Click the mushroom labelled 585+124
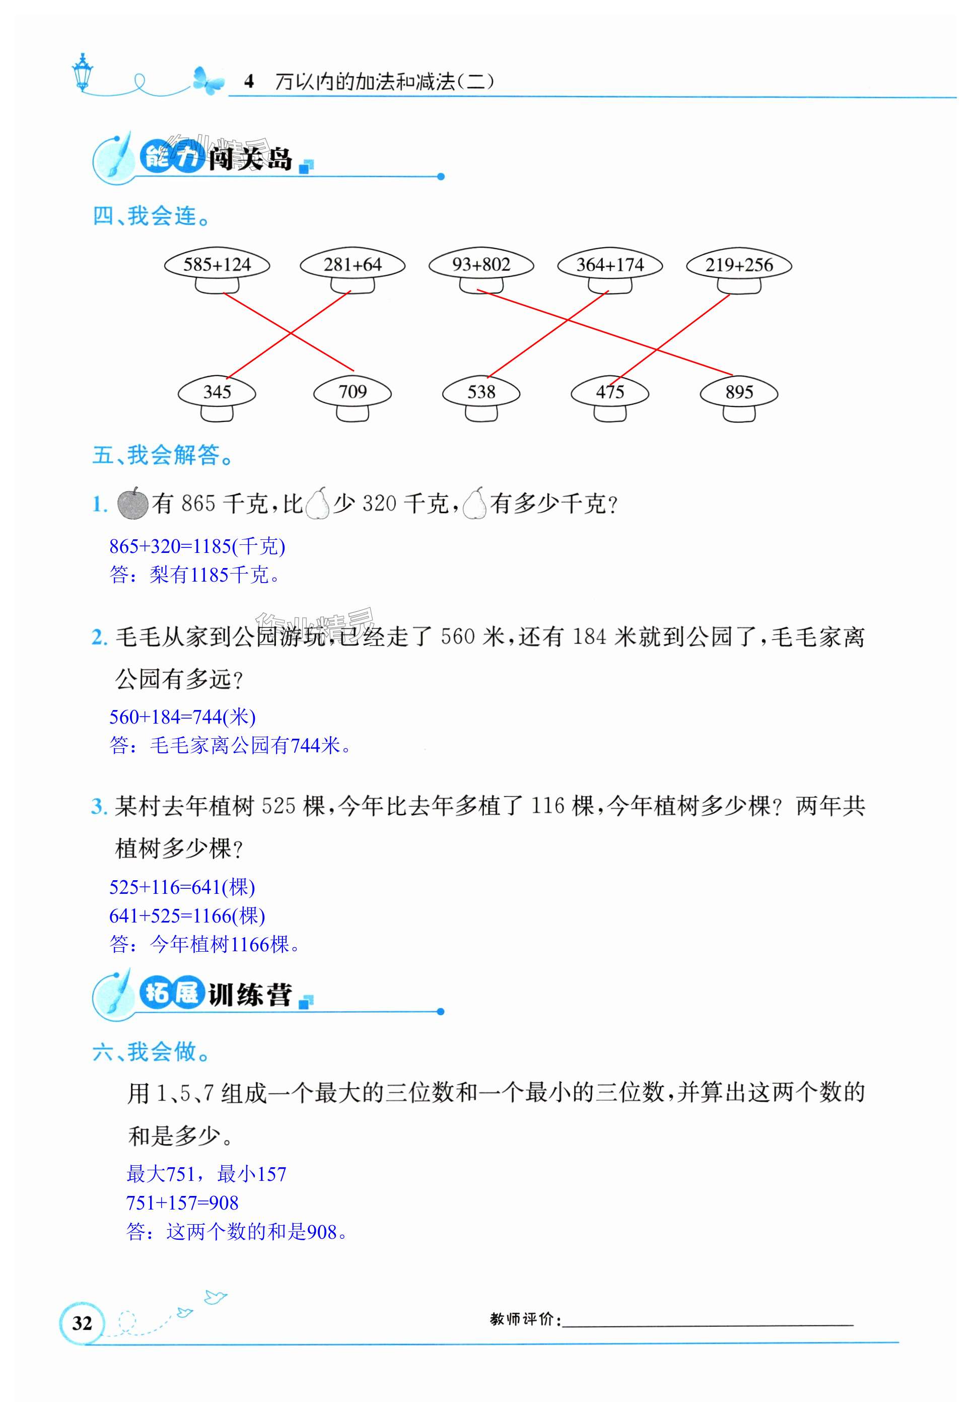(217, 265)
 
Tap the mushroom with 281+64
(353, 265)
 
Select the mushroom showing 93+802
(481, 265)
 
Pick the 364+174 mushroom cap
(610, 265)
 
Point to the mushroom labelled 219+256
(739, 265)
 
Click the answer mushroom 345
(217, 393)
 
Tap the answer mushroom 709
(353, 393)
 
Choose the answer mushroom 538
(481, 393)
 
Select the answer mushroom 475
(610, 393)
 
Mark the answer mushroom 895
(739, 393)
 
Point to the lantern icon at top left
(82, 72)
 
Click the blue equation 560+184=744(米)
(182, 717)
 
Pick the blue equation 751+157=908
(182, 1202)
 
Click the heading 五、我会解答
(163, 455)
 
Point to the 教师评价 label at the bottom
(525, 1319)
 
